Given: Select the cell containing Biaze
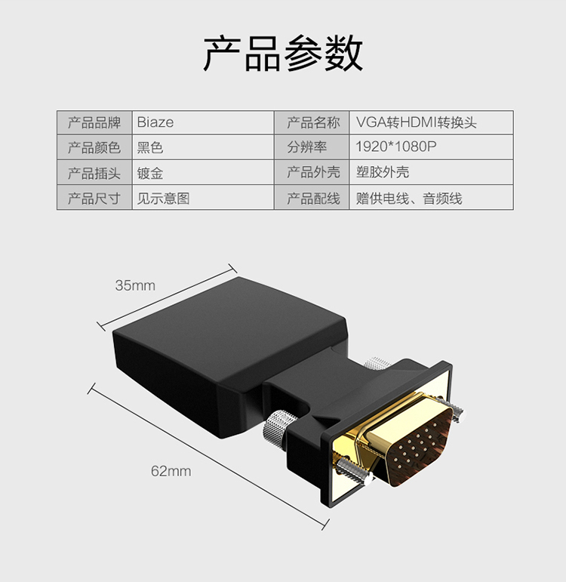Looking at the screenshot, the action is [x=155, y=122].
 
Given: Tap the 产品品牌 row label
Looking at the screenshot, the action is [x=94, y=122].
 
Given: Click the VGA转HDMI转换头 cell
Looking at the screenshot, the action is [x=417, y=122].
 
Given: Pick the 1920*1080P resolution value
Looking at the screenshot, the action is [x=395, y=147].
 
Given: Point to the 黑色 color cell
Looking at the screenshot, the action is [x=150, y=147].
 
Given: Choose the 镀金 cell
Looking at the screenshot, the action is [x=150, y=173].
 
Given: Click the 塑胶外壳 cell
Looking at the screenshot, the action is [x=383, y=173].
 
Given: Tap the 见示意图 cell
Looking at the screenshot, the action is [x=162, y=199].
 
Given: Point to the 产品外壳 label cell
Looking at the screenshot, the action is [x=312, y=173].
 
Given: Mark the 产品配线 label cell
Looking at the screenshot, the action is [x=312, y=199].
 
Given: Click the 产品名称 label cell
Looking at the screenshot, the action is [x=312, y=122].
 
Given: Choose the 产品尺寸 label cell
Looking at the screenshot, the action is [x=94, y=199].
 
